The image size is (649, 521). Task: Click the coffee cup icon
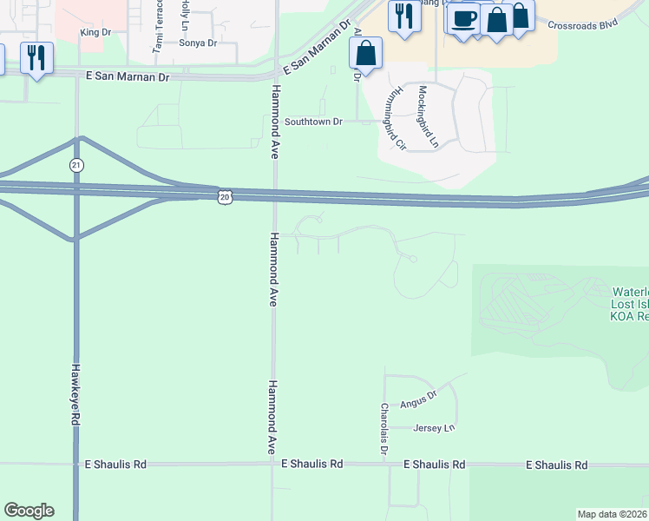click(465, 18)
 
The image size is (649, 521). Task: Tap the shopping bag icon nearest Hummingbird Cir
click(366, 53)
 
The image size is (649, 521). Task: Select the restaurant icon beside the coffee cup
click(404, 16)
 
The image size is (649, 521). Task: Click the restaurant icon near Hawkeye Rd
click(36, 58)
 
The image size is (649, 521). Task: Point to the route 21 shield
click(77, 164)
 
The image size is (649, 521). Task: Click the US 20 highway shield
click(225, 197)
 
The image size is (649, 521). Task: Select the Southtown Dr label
click(314, 122)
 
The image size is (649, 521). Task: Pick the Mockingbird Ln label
click(429, 114)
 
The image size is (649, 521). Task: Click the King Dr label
click(95, 32)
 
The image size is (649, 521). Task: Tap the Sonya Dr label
click(197, 42)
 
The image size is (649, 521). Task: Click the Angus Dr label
click(417, 404)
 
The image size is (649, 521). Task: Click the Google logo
click(29, 511)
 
